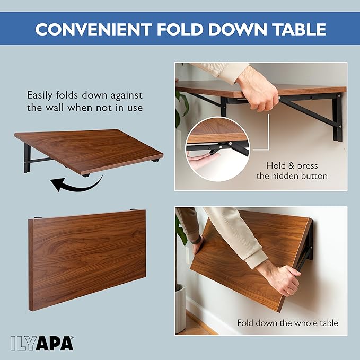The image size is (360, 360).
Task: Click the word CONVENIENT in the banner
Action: pyautogui.click(x=93, y=29)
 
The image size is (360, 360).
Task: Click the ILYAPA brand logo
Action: pyautogui.click(x=42, y=344)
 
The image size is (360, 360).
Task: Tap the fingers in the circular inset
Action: pyautogui.click(x=202, y=159)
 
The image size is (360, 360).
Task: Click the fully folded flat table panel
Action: pyautogui.click(x=87, y=260)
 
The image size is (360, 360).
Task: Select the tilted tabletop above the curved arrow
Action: pyautogui.click(x=89, y=151)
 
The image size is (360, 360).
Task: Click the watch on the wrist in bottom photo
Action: pyautogui.click(x=197, y=240)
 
